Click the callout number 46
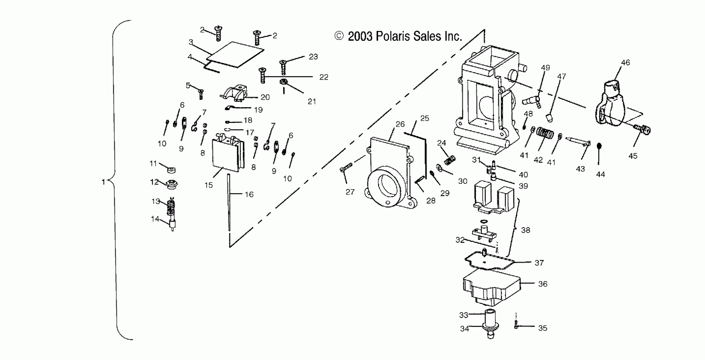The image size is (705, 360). pyautogui.click(x=625, y=63)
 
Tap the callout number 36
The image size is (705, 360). pyautogui.click(x=543, y=284)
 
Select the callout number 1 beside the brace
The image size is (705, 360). pyautogui.click(x=103, y=182)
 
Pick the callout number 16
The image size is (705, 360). pyautogui.click(x=249, y=194)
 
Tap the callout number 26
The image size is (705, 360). pyautogui.click(x=400, y=124)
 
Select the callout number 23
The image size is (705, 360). pyautogui.click(x=313, y=57)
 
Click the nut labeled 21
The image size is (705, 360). pyautogui.click(x=283, y=81)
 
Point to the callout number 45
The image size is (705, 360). pyautogui.click(x=633, y=156)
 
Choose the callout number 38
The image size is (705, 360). pyautogui.click(x=525, y=230)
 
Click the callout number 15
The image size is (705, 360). pyautogui.click(x=209, y=185)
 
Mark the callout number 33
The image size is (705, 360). pyautogui.click(x=463, y=315)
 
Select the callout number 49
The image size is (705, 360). pyautogui.click(x=545, y=68)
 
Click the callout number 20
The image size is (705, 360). pyautogui.click(x=265, y=97)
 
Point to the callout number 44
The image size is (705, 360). pyautogui.click(x=600, y=174)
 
